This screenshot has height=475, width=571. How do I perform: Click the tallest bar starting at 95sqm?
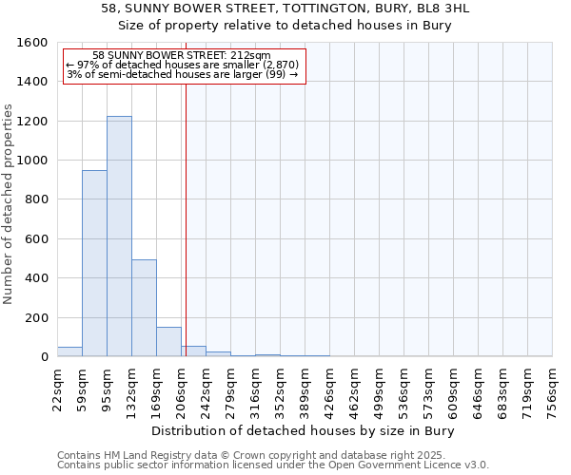tap(119, 237)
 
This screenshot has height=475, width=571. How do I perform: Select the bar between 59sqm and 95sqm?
tap(94, 263)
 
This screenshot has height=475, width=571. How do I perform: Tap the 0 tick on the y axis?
tap(45, 357)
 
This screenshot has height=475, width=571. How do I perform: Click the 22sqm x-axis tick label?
tap(58, 389)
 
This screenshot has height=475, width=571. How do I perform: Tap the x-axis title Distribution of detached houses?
tap(304, 431)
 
